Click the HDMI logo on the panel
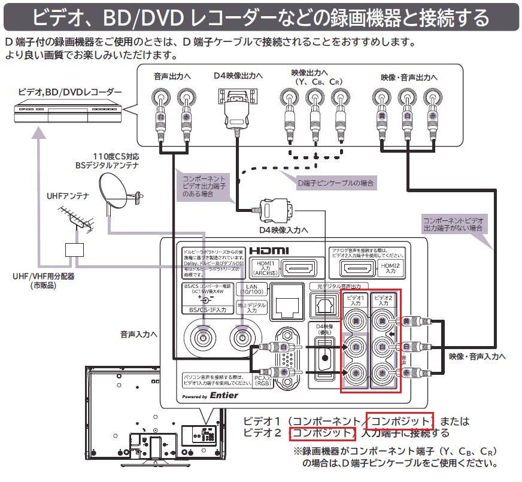[269, 250]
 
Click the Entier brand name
[224, 395]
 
